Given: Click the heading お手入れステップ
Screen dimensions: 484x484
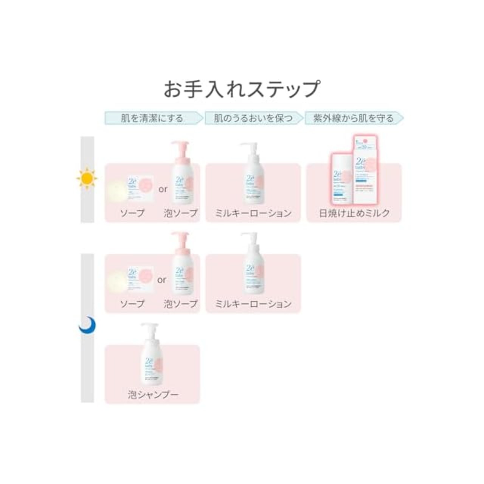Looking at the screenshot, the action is click(x=242, y=89).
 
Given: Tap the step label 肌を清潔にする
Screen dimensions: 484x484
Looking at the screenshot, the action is click(x=152, y=118).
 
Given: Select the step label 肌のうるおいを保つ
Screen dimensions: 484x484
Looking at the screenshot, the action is click(x=253, y=118).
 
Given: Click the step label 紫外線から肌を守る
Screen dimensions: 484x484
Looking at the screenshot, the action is click(x=353, y=118).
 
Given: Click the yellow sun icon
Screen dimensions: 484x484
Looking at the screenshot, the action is click(x=87, y=178).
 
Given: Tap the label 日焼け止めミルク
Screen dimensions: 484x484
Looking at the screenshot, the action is click(x=354, y=213).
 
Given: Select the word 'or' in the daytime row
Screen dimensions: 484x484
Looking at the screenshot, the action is click(x=163, y=189).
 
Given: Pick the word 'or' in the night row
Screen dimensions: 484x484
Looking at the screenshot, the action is click(x=162, y=280).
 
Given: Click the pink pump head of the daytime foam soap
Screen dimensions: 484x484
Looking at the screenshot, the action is click(x=180, y=146).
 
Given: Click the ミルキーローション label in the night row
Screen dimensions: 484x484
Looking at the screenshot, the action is click(x=253, y=304).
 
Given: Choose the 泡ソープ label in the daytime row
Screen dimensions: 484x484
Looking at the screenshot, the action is click(x=181, y=213).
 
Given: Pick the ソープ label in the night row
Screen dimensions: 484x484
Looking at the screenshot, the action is click(x=132, y=304).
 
